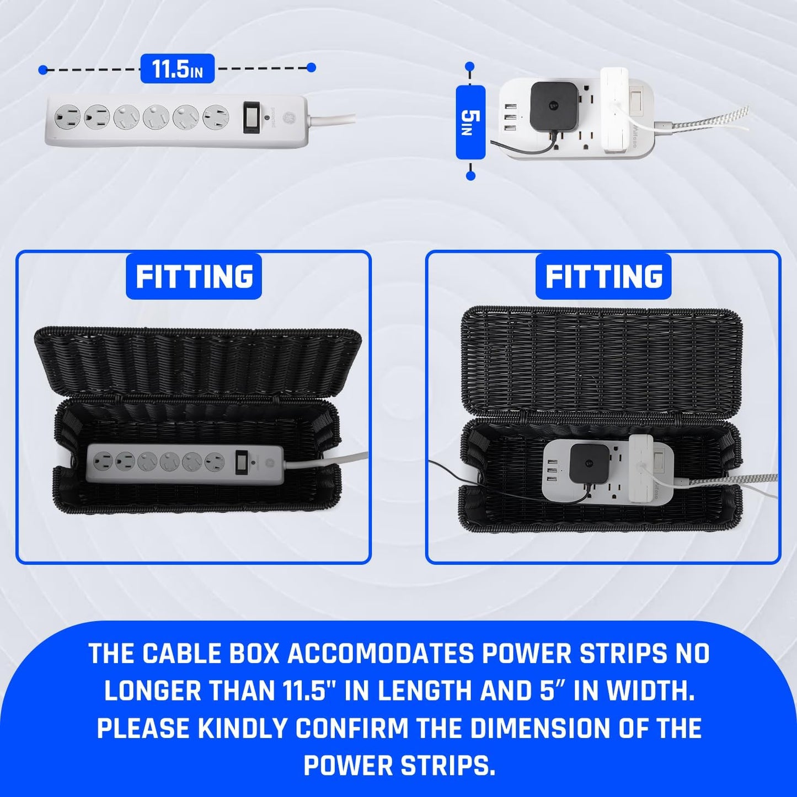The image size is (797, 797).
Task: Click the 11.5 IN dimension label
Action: coord(177,69)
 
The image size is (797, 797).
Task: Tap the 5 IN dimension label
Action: coord(470,121)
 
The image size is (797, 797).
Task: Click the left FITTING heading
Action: coord(194,276)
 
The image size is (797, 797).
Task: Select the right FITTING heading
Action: coord(603,276)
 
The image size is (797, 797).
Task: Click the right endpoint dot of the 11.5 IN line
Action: coord(311,67)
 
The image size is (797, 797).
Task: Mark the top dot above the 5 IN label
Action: coord(470,67)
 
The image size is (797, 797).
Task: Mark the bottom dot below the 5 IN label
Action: coord(470,175)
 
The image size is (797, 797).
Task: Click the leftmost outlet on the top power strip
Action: coord(60,117)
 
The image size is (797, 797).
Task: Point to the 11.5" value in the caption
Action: coord(301,692)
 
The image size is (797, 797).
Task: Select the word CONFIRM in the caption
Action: coord(353,729)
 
